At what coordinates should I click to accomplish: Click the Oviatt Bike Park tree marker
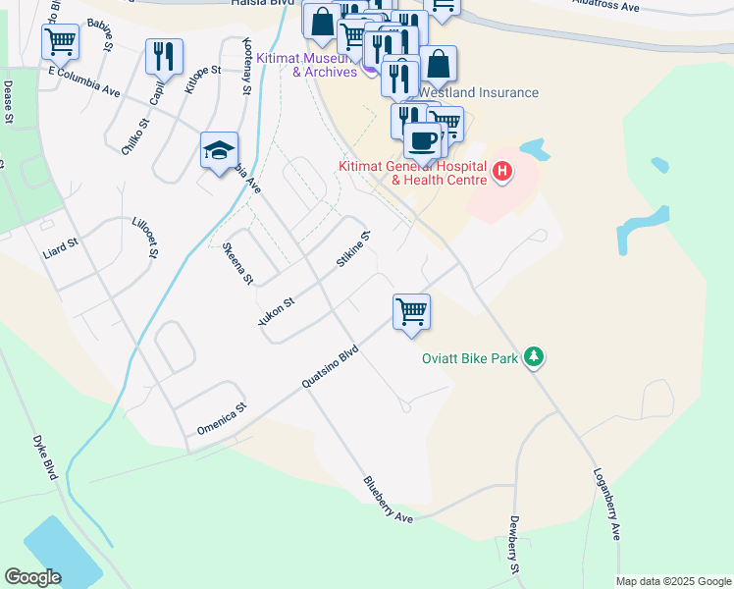533,356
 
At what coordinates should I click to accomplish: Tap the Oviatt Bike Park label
470,359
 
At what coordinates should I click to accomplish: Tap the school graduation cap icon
220,150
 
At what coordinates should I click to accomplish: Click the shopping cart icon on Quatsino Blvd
411,311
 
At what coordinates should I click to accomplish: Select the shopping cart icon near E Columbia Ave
60,42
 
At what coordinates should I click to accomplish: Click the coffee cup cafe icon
422,139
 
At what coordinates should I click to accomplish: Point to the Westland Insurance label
479,92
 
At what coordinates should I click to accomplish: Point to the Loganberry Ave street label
606,504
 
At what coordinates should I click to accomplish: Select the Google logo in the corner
32,577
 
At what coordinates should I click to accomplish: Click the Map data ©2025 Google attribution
672,581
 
